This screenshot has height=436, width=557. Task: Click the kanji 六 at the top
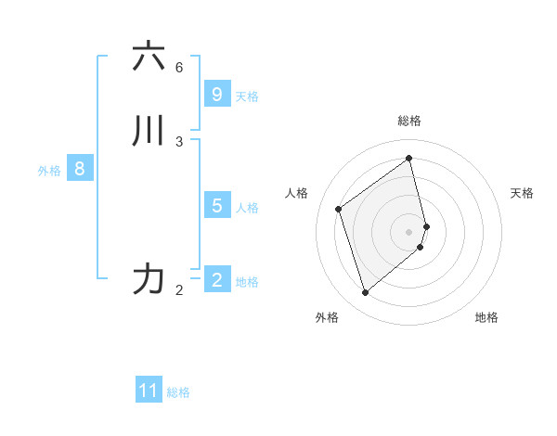click(149, 58)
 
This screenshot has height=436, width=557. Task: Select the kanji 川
click(149, 131)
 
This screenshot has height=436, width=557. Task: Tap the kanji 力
click(149, 278)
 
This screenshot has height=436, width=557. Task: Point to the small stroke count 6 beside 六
click(179, 68)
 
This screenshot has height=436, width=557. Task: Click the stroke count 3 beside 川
click(179, 141)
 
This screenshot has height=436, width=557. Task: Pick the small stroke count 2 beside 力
click(179, 290)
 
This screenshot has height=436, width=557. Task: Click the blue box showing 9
click(216, 95)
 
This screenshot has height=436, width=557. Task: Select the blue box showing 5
click(216, 206)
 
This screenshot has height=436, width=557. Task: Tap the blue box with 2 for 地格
click(216, 280)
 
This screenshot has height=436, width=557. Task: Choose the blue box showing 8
click(80, 169)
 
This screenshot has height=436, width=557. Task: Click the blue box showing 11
click(149, 391)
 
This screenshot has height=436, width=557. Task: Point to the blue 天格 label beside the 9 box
click(247, 96)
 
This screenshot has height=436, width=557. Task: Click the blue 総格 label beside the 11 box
click(178, 392)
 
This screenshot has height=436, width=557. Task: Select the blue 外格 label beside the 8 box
click(49, 171)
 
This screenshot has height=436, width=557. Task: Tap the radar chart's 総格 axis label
click(409, 121)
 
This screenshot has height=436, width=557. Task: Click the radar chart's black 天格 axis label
click(523, 193)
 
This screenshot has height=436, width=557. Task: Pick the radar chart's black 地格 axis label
click(486, 317)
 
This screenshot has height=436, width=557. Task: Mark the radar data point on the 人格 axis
click(339, 209)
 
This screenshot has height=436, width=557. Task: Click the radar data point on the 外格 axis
click(365, 293)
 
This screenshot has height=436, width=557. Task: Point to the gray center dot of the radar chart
click(409, 231)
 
